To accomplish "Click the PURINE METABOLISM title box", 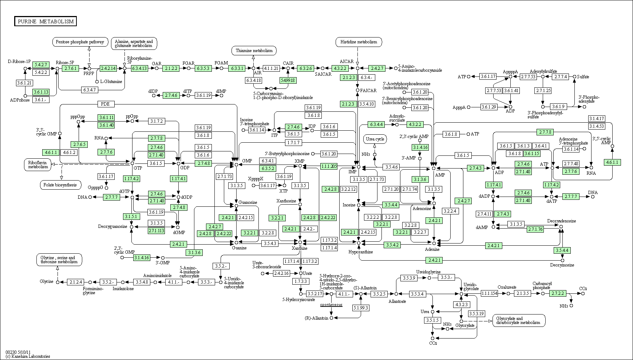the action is [x=46, y=21].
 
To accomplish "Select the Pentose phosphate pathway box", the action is [x=80, y=42].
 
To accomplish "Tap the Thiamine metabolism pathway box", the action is [x=254, y=51].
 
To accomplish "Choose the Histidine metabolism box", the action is [x=359, y=42].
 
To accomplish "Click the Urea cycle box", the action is [x=375, y=139].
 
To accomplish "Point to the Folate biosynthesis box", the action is [x=60, y=185].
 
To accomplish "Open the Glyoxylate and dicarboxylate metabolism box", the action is [x=519, y=320].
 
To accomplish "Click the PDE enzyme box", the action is [x=106, y=104].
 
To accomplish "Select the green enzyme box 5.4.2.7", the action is [x=40, y=65].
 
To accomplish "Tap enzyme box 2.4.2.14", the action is [x=108, y=68].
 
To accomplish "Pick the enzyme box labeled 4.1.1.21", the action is [x=271, y=68].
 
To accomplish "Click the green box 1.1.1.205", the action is [x=329, y=166].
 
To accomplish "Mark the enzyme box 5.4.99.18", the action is [x=288, y=80].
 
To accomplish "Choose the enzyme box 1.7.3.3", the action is [x=301, y=281].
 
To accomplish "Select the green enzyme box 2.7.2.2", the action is [x=558, y=293].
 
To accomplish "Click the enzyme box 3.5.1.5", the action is [x=432, y=320].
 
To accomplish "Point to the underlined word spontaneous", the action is [x=331, y=305].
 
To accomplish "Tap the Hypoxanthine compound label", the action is [x=360, y=252].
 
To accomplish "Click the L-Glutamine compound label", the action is [x=111, y=82].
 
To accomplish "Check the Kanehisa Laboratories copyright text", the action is [x=28, y=356].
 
